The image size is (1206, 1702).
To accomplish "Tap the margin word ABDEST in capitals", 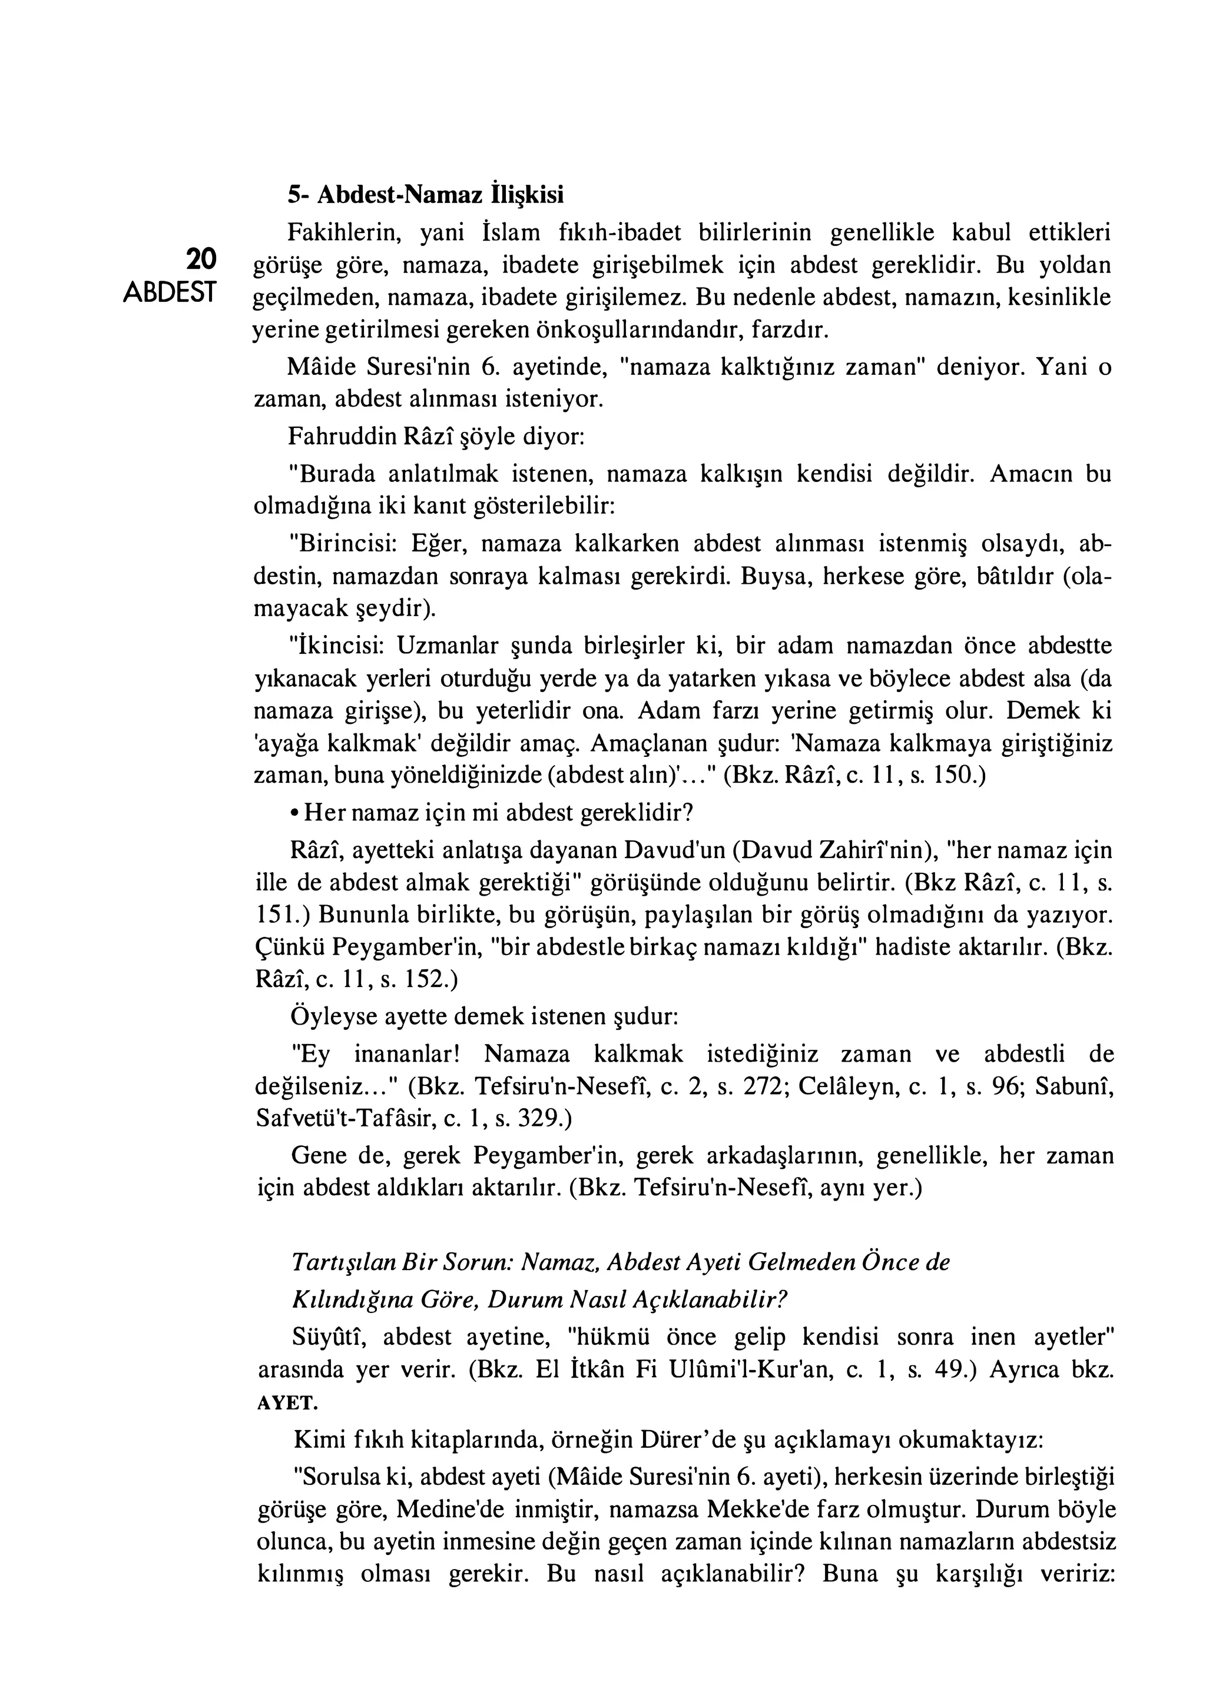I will [170, 292].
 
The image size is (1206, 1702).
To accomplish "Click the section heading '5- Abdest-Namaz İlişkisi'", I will [426, 194].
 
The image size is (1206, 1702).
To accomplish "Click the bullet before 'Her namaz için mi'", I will [295, 813].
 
